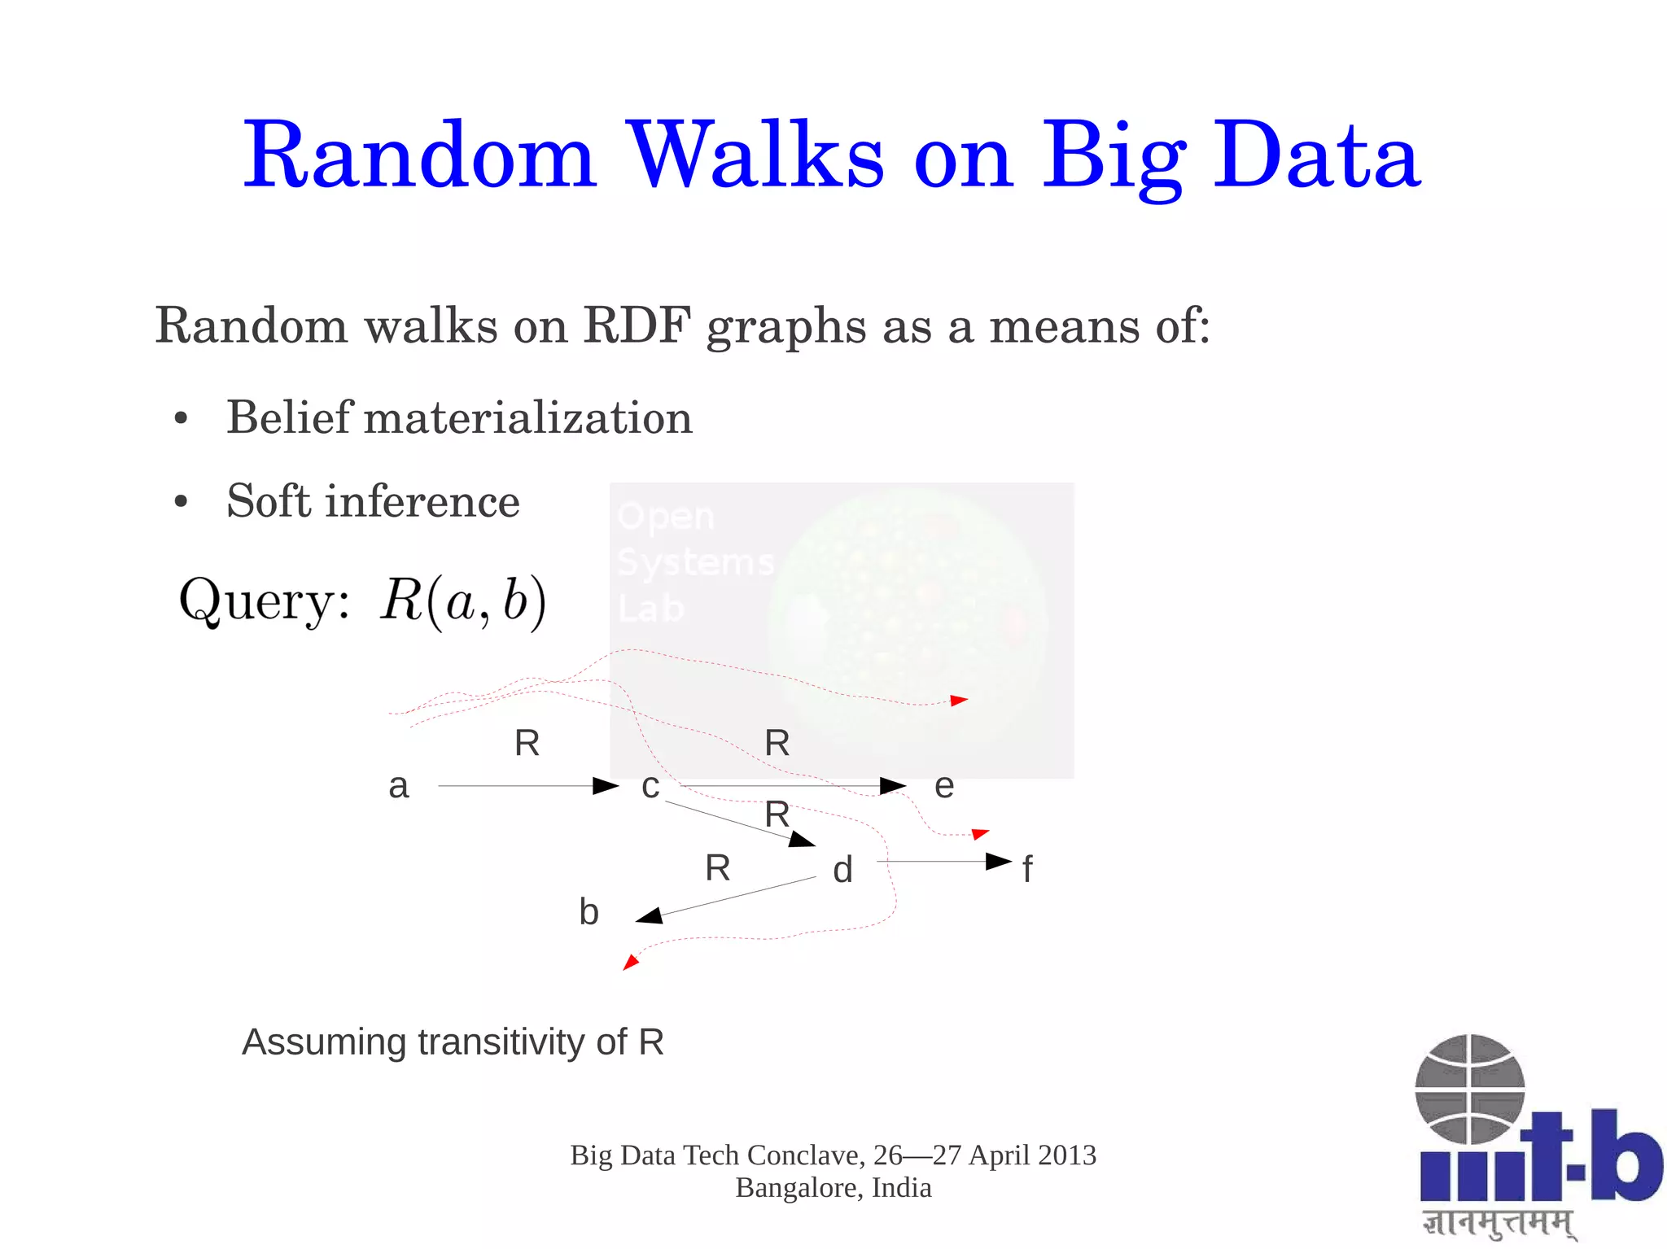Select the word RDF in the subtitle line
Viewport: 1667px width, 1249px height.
[x=637, y=325]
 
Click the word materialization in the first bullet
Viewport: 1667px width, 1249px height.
[x=528, y=417]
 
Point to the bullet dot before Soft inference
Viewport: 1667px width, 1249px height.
[x=181, y=502]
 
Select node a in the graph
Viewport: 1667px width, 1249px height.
[x=398, y=786]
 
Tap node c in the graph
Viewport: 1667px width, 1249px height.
[x=650, y=786]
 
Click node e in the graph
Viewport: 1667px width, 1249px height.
[x=943, y=786]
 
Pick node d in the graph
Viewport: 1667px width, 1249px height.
[x=842, y=870]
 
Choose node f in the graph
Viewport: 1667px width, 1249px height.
[x=1027, y=870]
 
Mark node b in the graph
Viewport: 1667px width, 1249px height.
[x=588, y=912]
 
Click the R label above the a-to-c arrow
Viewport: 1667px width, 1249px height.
[x=527, y=743]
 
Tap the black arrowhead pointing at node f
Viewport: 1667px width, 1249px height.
[x=999, y=861]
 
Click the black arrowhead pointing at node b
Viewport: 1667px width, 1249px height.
[x=649, y=917]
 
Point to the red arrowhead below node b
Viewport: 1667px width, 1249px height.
[x=630, y=963]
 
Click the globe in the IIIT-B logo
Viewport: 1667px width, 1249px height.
[x=1469, y=1089]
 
